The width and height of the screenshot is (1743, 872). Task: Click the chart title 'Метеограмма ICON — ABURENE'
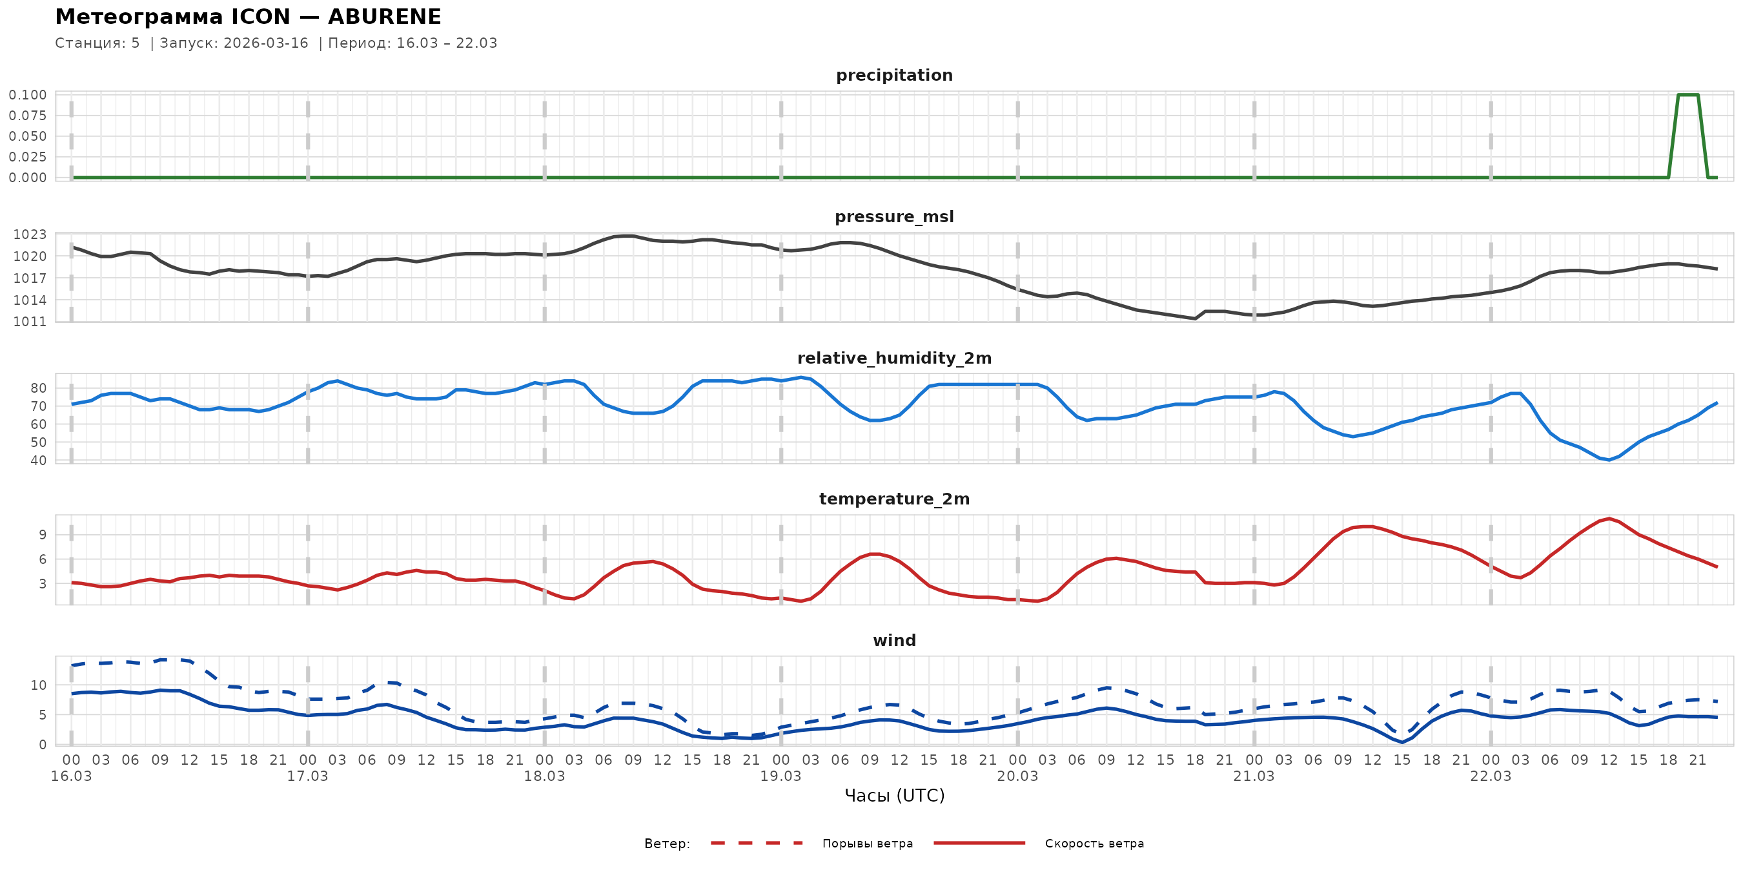[x=248, y=17]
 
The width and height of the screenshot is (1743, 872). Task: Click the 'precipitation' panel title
[x=894, y=75]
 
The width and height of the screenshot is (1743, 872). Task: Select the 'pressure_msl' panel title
[x=894, y=216]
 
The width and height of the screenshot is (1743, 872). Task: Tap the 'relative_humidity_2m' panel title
[x=894, y=358]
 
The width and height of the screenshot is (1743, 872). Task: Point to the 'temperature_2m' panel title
[x=894, y=499]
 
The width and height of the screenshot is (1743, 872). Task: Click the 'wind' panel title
[x=894, y=641]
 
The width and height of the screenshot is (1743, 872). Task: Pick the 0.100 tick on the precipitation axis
[x=28, y=95]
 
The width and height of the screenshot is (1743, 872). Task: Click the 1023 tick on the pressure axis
[x=30, y=235]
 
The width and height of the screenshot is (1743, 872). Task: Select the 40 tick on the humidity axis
[x=39, y=461]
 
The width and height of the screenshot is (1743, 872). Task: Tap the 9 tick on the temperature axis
[x=43, y=535]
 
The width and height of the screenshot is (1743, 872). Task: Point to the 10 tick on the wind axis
[x=39, y=685]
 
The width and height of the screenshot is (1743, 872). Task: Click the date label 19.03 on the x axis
[x=780, y=776]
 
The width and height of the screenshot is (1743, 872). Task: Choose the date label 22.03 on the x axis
[x=1490, y=776]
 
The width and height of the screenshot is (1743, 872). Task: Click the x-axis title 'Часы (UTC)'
[x=894, y=796]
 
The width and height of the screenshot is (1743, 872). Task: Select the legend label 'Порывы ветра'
[x=868, y=844]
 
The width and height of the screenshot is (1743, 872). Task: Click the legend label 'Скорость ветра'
[x=1094, y=844]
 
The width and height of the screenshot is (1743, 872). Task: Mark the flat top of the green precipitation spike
[x=1687, y=95]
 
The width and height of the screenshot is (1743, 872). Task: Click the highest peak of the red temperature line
[x=1609, y=519]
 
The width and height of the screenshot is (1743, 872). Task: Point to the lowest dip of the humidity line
[x=1609, y=460]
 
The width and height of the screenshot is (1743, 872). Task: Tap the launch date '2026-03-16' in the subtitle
[x=265, y=43]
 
